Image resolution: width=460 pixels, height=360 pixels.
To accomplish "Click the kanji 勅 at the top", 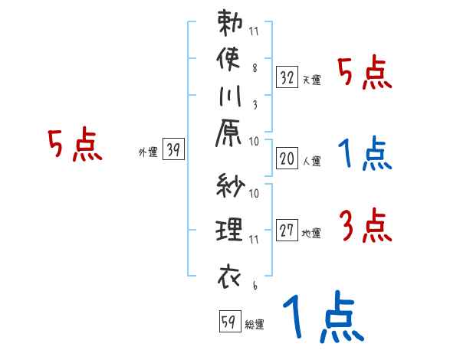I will pos(230,22).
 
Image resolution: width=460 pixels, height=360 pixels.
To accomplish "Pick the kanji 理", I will pos(230,229).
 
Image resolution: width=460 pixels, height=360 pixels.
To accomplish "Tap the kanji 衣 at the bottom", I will pos(230,275).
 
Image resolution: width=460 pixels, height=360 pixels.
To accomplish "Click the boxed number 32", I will pos(287,77).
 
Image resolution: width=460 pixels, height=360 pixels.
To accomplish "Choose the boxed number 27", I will pos(287,231).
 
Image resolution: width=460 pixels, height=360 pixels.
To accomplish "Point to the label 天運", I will pos(311,80).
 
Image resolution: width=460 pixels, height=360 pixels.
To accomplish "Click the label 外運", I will pos(148,152).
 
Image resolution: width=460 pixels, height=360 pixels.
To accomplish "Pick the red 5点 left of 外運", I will pos(74,145).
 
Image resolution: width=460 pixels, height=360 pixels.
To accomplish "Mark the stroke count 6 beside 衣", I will pos(254,286).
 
